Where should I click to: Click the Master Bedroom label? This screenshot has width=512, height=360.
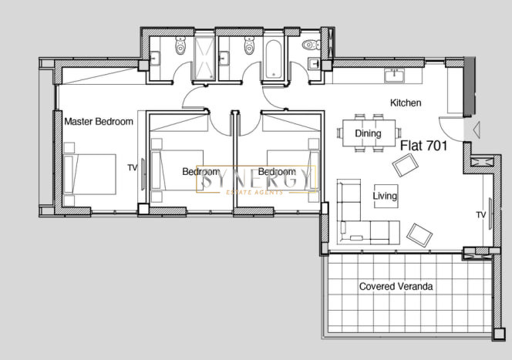pos(99,122)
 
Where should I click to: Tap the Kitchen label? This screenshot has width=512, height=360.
pos(406,103)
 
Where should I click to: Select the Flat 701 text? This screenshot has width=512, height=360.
pos(423,146)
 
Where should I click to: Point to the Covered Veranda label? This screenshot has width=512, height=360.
pos(396,286)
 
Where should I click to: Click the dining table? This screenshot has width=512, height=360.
pos(369,133)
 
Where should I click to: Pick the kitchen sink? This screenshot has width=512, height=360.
pos(395,76)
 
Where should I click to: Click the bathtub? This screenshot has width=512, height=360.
pos(273,59)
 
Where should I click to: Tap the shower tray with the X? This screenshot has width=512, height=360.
pos(205,58)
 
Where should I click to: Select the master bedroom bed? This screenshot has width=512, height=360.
pos(89,174)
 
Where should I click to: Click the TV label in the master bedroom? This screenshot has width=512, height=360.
pos(133,168)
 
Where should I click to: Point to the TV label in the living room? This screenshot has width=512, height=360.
pos(481,215)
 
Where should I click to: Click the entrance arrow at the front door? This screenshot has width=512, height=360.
pos(477,130)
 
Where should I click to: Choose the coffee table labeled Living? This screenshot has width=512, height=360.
pos(386,196)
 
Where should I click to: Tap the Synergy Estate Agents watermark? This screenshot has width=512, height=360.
pos(256,180)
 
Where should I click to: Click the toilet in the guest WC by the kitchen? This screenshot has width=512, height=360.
pos(312,45)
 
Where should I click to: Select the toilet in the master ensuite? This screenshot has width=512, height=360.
pos(180,45)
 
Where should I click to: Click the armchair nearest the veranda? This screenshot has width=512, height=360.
pos(419,235)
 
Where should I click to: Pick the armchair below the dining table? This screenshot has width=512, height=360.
pos(406,165)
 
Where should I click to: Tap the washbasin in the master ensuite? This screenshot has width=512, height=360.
pos(154,59)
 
